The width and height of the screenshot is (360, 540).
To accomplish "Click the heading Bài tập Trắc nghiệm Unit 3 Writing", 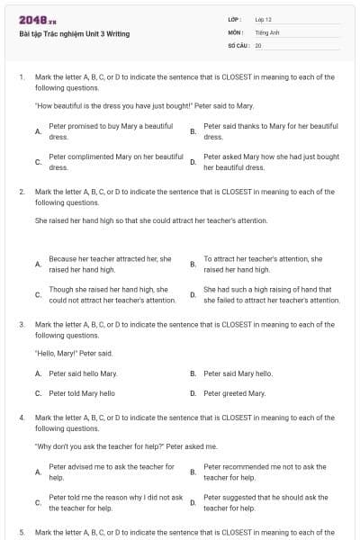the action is [75, 33].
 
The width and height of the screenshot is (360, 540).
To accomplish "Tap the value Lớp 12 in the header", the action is [264, 19].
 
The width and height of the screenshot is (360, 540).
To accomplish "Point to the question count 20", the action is [258, 44].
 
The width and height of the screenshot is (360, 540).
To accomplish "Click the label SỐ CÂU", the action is [237, 44].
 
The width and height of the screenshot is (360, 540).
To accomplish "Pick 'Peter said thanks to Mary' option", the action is [270, 131].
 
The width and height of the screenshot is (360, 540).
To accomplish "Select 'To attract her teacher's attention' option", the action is [263, 264].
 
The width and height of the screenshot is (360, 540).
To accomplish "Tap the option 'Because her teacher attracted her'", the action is [110, 264].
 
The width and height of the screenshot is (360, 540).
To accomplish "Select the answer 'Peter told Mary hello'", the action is [82, 393].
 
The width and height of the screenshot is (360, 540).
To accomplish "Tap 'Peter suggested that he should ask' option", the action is [265, 502].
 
